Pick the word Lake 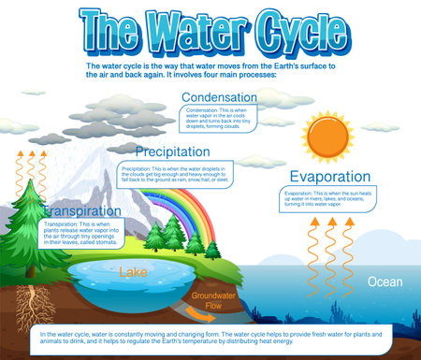[131, 272]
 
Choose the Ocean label [385, 281]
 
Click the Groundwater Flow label [205, 300]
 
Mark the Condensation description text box [220, 119]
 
